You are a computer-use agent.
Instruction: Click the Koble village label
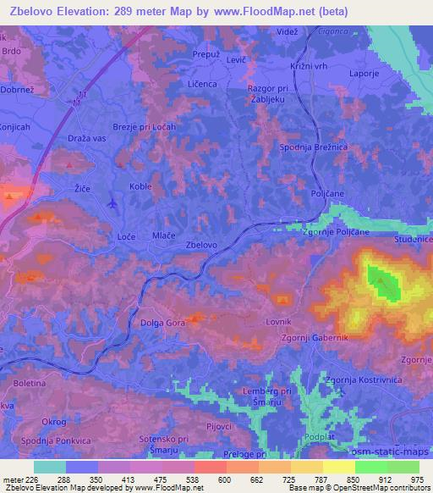pyautogui.click(x=141, y=186)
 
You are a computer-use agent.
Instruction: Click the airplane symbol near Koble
pyautogui.click(x=112, y=202)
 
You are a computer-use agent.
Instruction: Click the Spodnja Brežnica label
pyautogui.click(x=315, y=147)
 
